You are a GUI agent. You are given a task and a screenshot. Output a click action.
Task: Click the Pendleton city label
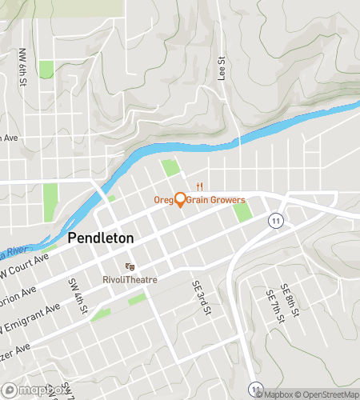pos(100,238)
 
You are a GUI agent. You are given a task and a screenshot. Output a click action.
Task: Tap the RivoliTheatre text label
pos(128,279)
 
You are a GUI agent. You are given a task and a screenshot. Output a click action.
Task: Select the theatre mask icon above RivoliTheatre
pos(128,267)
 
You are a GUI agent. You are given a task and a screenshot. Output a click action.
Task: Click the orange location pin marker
pos(180,199)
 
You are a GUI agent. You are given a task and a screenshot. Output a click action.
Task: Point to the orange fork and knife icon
pos(206,183)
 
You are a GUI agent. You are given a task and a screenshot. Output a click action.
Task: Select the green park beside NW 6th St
pos(46,70)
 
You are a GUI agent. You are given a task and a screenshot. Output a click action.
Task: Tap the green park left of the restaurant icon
pos(169,168)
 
